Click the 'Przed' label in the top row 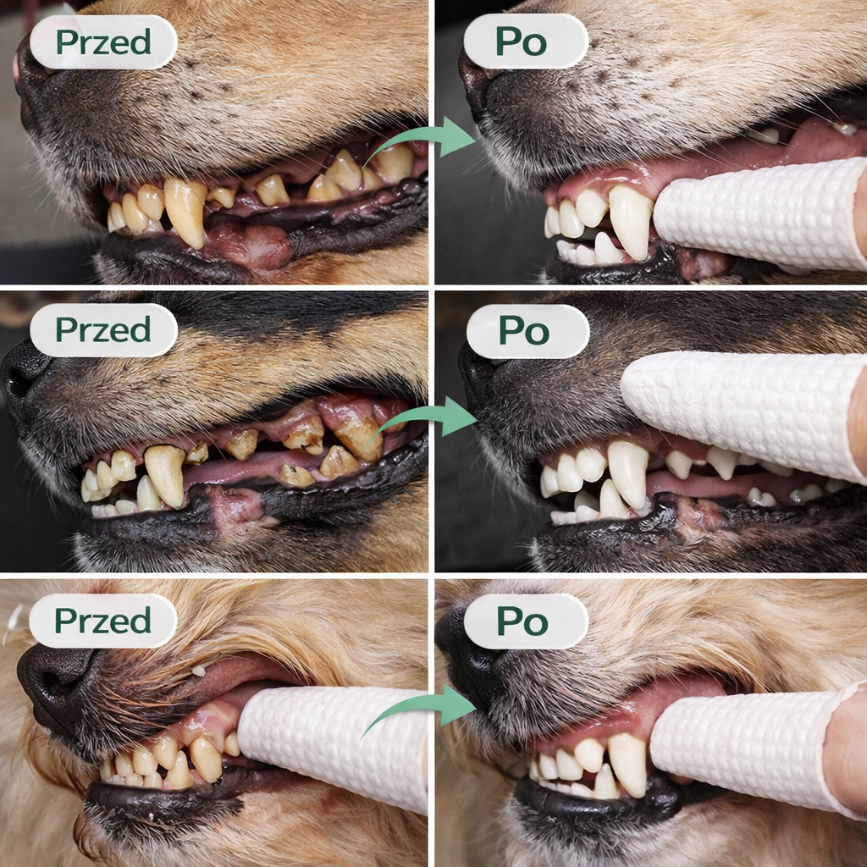[x=103, y=42]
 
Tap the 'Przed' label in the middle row [x=103, y=330]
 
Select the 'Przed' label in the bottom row [x=102, y=621]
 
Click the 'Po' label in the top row [x=525, y=41]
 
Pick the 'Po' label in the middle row [x=527, y=331]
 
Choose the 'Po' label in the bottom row [x=526, y=621]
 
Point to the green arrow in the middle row [x=423, y=418]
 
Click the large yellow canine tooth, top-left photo [x=185, y=210]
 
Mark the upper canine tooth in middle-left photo [x=165, y=474]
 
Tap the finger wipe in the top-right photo [x=760, y=213]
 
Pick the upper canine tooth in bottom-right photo [x=627, y=765]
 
